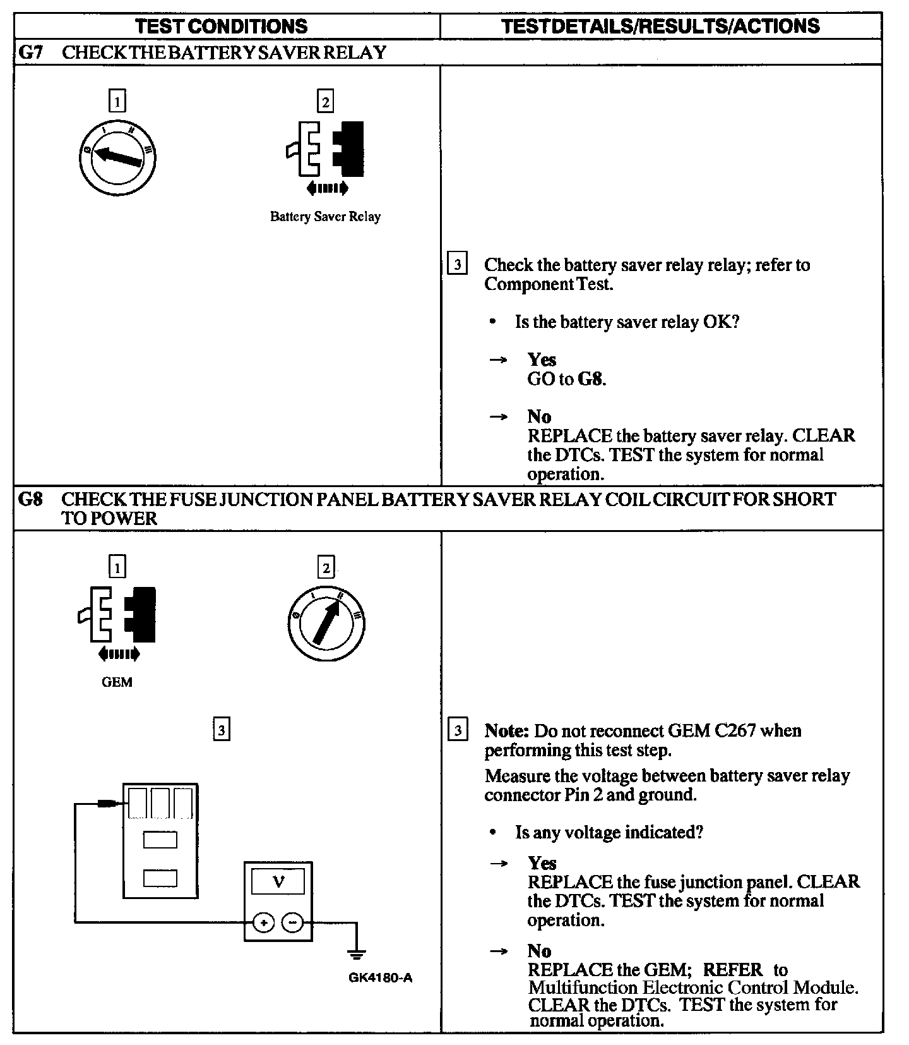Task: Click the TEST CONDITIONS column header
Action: click(222, 26)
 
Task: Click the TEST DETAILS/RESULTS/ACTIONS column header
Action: click(660, 26)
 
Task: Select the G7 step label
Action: click(30, 52)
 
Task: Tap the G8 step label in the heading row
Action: click(30, 500)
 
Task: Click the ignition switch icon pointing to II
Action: click(326, 622)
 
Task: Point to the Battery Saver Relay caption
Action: click(325, 217)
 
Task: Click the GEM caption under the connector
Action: click(117, 682)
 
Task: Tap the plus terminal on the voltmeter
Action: click(263, 922)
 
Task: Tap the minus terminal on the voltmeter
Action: click(292, 922)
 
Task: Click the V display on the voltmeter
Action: click(278, 881)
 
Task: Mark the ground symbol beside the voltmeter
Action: click(357, 952)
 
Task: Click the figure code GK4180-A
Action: click(381, 978)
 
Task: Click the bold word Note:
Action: click(506, 731)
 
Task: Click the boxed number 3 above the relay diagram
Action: click(221, 730)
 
